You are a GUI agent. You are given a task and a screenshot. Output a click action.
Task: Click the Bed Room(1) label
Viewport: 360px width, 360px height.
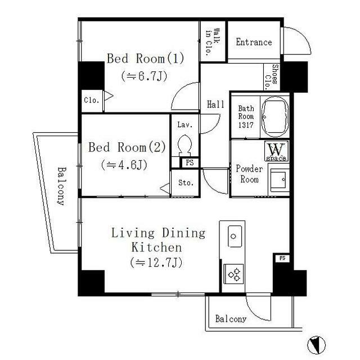146,58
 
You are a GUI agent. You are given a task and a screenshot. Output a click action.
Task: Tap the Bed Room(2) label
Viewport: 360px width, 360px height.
127,148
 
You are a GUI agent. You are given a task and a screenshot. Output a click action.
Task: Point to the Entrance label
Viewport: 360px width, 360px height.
254,42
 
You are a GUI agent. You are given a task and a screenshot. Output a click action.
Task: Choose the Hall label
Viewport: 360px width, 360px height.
215,105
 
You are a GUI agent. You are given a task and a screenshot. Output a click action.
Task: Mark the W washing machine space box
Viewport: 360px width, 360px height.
276,151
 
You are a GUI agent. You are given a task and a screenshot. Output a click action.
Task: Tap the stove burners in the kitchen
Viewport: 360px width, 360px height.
234,274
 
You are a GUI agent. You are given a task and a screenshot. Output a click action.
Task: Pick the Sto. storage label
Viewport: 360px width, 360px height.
186,183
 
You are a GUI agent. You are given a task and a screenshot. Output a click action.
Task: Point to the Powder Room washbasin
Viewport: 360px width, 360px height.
278,181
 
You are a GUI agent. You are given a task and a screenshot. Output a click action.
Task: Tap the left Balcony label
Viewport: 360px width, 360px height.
60,186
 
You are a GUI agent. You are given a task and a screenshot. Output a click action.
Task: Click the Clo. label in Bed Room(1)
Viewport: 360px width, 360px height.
92,101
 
